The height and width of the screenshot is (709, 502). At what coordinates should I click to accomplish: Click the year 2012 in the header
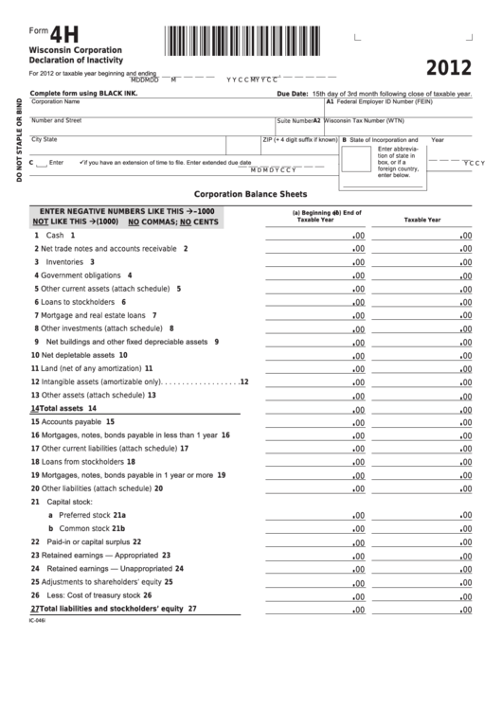(x=448, y=69)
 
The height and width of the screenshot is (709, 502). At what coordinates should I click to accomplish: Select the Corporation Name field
(x=152, y=107)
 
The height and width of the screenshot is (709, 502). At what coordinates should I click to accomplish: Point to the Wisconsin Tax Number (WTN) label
(x=365, y=120)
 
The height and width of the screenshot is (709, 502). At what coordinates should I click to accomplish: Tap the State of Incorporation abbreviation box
(x=357, y=160)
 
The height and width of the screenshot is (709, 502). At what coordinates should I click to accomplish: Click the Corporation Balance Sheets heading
(x=251, y=192)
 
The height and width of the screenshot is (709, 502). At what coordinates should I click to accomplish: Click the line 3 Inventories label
(x=65, y=261)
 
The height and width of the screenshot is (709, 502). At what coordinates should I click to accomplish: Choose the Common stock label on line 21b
(x=84, y=528)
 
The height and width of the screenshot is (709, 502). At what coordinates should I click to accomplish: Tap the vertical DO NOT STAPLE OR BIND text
(x=18, y=139)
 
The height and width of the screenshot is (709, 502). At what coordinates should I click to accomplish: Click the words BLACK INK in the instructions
(x=118, y=94)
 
